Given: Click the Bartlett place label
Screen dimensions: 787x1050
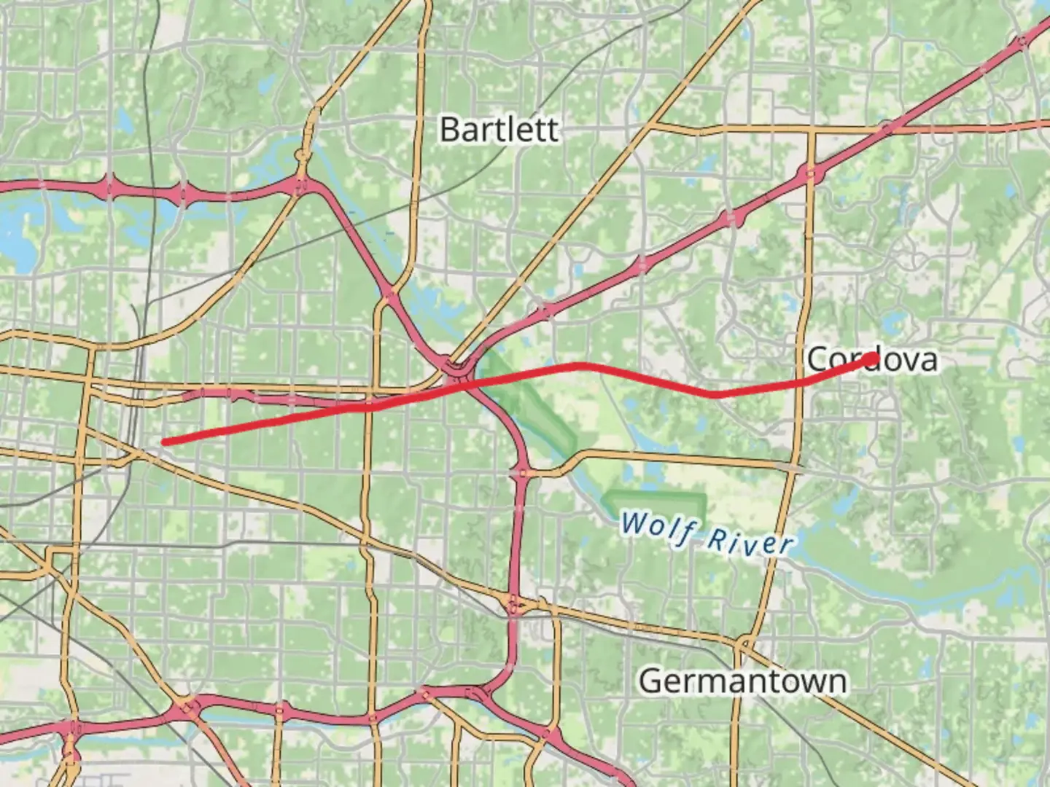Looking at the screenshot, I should (499, 130).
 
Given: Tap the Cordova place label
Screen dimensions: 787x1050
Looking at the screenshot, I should (872, 359).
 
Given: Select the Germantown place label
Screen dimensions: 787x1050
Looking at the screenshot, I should (743, 681).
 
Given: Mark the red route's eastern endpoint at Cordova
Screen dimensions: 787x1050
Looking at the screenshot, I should (872, 358).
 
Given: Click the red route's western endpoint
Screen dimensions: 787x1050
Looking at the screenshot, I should (164, 442).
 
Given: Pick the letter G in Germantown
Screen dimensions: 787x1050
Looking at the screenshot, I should (651, 681).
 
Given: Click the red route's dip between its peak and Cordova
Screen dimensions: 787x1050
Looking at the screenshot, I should (716, 394).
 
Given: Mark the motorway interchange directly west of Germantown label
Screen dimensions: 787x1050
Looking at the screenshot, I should (514, 605).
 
